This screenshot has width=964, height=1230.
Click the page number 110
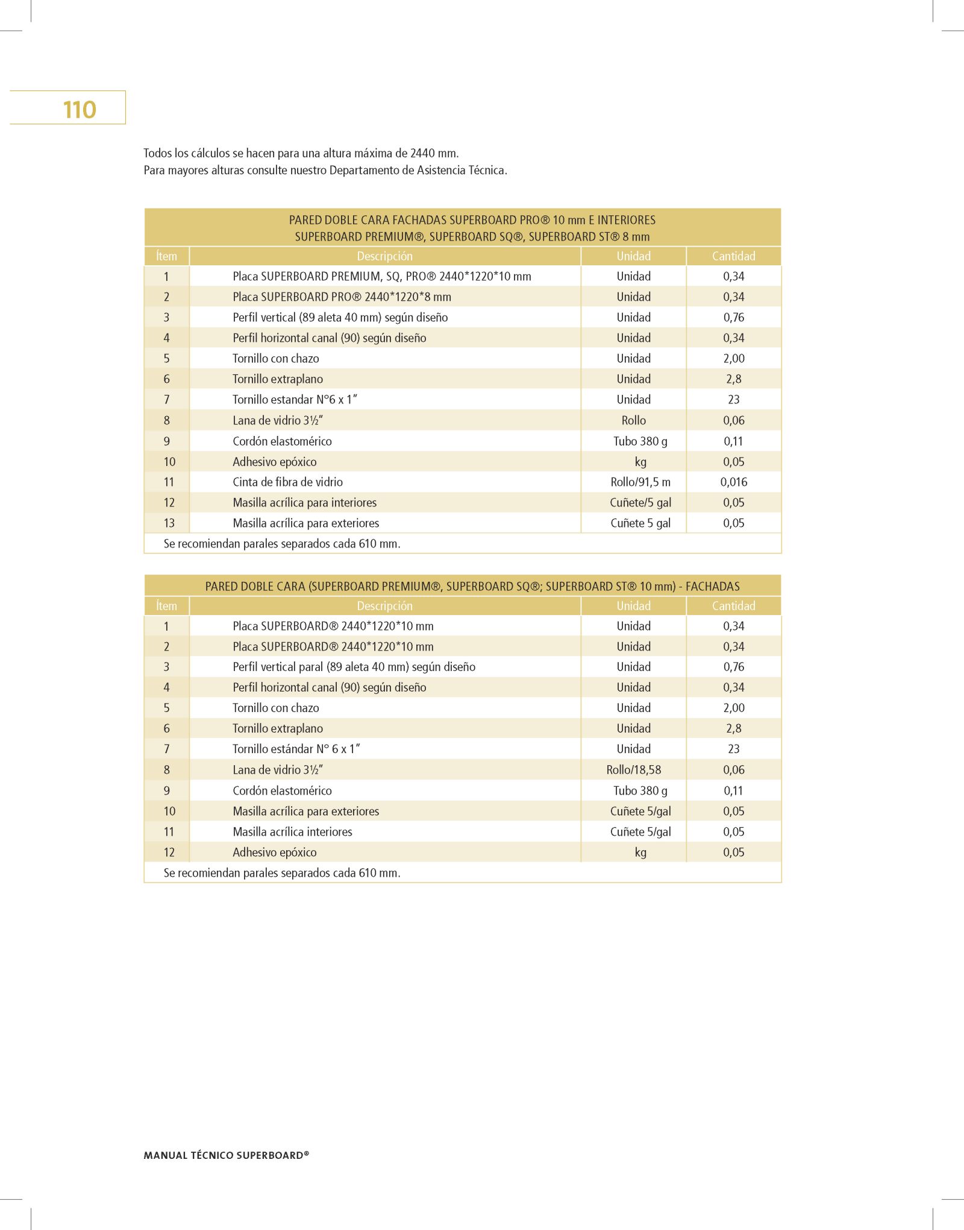pyautogui.click(x=80, y=110)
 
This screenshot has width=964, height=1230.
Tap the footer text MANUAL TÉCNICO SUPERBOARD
pyautogui.click(x=226, y=1155)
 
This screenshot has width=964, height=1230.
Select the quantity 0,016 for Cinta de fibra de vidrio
pyautogui.click(x=733, y=482)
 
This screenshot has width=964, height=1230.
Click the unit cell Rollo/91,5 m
pyautogui.click(x=640, y=482)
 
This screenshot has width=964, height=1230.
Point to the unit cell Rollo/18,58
pyautogui.click(x=633, y=769)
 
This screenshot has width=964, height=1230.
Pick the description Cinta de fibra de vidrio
pyautogui.click(x=287, y=482)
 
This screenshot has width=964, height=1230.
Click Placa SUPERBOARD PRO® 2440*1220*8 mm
pyautogui.click(x=342, y=297)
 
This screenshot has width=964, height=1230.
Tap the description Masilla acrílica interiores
pyautogui.click(x=292, y=831)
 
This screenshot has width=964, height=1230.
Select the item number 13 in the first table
pyautogui.click(x=169, y=523)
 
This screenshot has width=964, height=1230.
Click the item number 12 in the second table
pyautogui.click(x=169, y=852)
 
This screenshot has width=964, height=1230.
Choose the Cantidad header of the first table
pyautogui.click(x=733, y=256)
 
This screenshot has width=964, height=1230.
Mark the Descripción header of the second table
pyautogui.click(x=384, y=606)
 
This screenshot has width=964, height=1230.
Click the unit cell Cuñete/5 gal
pyautogui.click(x=640, y=502)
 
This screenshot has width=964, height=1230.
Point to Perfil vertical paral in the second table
pyautogui.click(x=354, y=667)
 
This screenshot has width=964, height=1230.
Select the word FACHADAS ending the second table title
pyautogui.click(x=712, y=586)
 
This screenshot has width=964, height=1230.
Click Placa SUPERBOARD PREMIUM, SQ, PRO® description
pyautogui.click(x=382, y=276)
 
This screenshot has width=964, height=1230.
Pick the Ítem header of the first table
pyautogui.click(x=166, y=256)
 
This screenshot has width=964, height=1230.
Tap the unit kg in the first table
pyautogui.click(x=640, y=462)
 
